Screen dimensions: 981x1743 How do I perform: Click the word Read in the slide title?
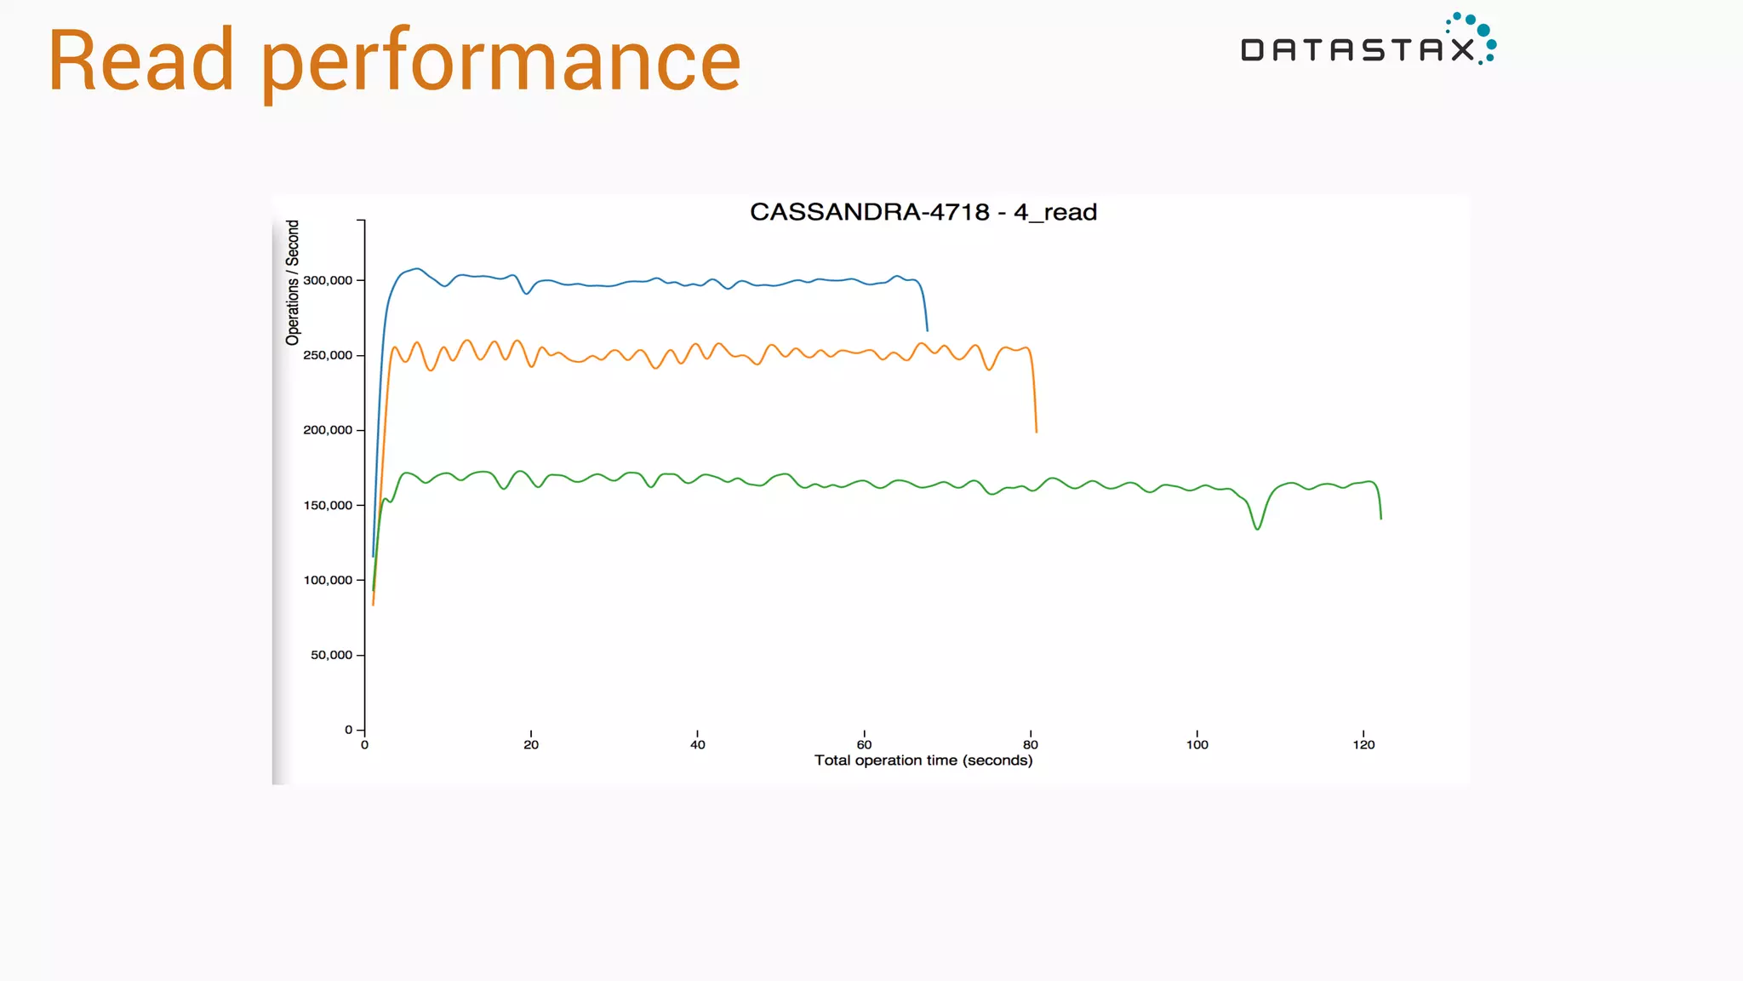pos(141,60)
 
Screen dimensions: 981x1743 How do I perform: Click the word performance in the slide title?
pos(501,65)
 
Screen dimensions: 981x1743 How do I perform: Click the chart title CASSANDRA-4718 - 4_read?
pos(923,212)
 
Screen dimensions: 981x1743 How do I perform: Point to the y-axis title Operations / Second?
pos(293,283)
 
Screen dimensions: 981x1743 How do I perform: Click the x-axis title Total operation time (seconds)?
pos(923,760)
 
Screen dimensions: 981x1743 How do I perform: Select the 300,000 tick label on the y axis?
pos(328,280)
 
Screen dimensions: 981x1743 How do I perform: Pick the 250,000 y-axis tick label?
pos(328,355)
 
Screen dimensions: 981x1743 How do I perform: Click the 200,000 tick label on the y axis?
pos(328,430)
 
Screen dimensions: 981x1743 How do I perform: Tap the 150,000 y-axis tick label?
pos(328,505)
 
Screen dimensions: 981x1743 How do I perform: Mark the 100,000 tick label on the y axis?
pos(328,580)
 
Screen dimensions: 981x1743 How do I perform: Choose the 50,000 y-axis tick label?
pos(331,655)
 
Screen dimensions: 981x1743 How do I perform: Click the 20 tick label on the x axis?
pos(531,745)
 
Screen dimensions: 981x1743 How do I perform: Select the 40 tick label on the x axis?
pos(698,745)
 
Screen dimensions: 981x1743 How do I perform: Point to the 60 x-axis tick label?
pos(864,745)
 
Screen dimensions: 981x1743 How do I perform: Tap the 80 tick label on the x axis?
pos(1031,745)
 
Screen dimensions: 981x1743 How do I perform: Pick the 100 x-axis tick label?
pos(1197,745)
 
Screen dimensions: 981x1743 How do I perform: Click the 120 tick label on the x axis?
pos(1363,745)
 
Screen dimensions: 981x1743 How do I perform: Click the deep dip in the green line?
pos(1257,529)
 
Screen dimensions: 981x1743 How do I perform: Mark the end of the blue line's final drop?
pos(927,330)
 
